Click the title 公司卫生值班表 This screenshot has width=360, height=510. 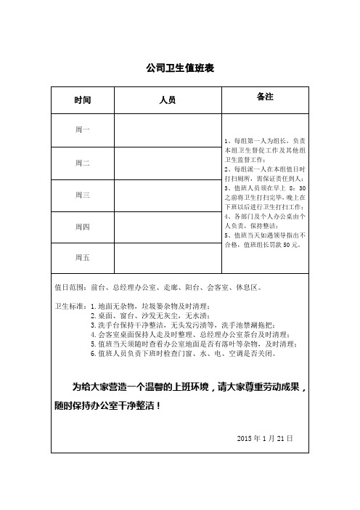pyautogui.click(x=179, y=68)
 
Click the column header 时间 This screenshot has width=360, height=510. pyautogui.click(x=83, y=100)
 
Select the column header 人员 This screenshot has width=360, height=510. pyautogui.click(x=167, y=100)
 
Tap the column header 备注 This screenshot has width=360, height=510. pyautogui.click(x=265, y=97)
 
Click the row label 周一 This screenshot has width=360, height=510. pyautogui.click(x=83, y=129)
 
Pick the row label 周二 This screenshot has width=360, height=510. pyautogui.click(x=83, y=163)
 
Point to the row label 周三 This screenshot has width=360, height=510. pyautogui.click(x=83, y=195)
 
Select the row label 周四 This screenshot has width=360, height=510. pyautogui.click(x=83, y=227)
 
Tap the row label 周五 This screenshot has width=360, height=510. pyautogui.click(x=83, y=257)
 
